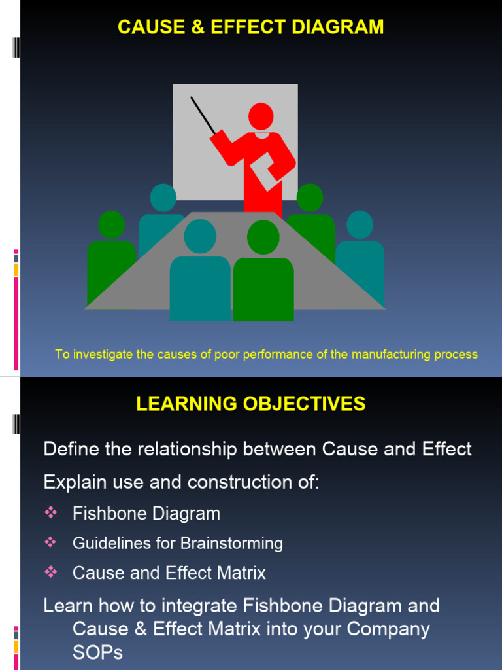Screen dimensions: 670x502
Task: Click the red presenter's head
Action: (x=261, y=116)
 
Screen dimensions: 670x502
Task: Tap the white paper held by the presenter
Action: (x=266, y=173)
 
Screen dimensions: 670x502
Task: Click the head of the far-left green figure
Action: (x=111, y=224)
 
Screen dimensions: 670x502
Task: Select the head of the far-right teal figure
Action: (x=360, y=224)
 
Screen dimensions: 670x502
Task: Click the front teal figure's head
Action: (x=200, y=236)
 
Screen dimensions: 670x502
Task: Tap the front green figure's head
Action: (x=263, y=238)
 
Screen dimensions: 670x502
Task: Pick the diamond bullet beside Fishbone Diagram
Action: (x=51, y=513)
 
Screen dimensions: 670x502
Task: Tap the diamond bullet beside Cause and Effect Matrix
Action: (x=51, y=573)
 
